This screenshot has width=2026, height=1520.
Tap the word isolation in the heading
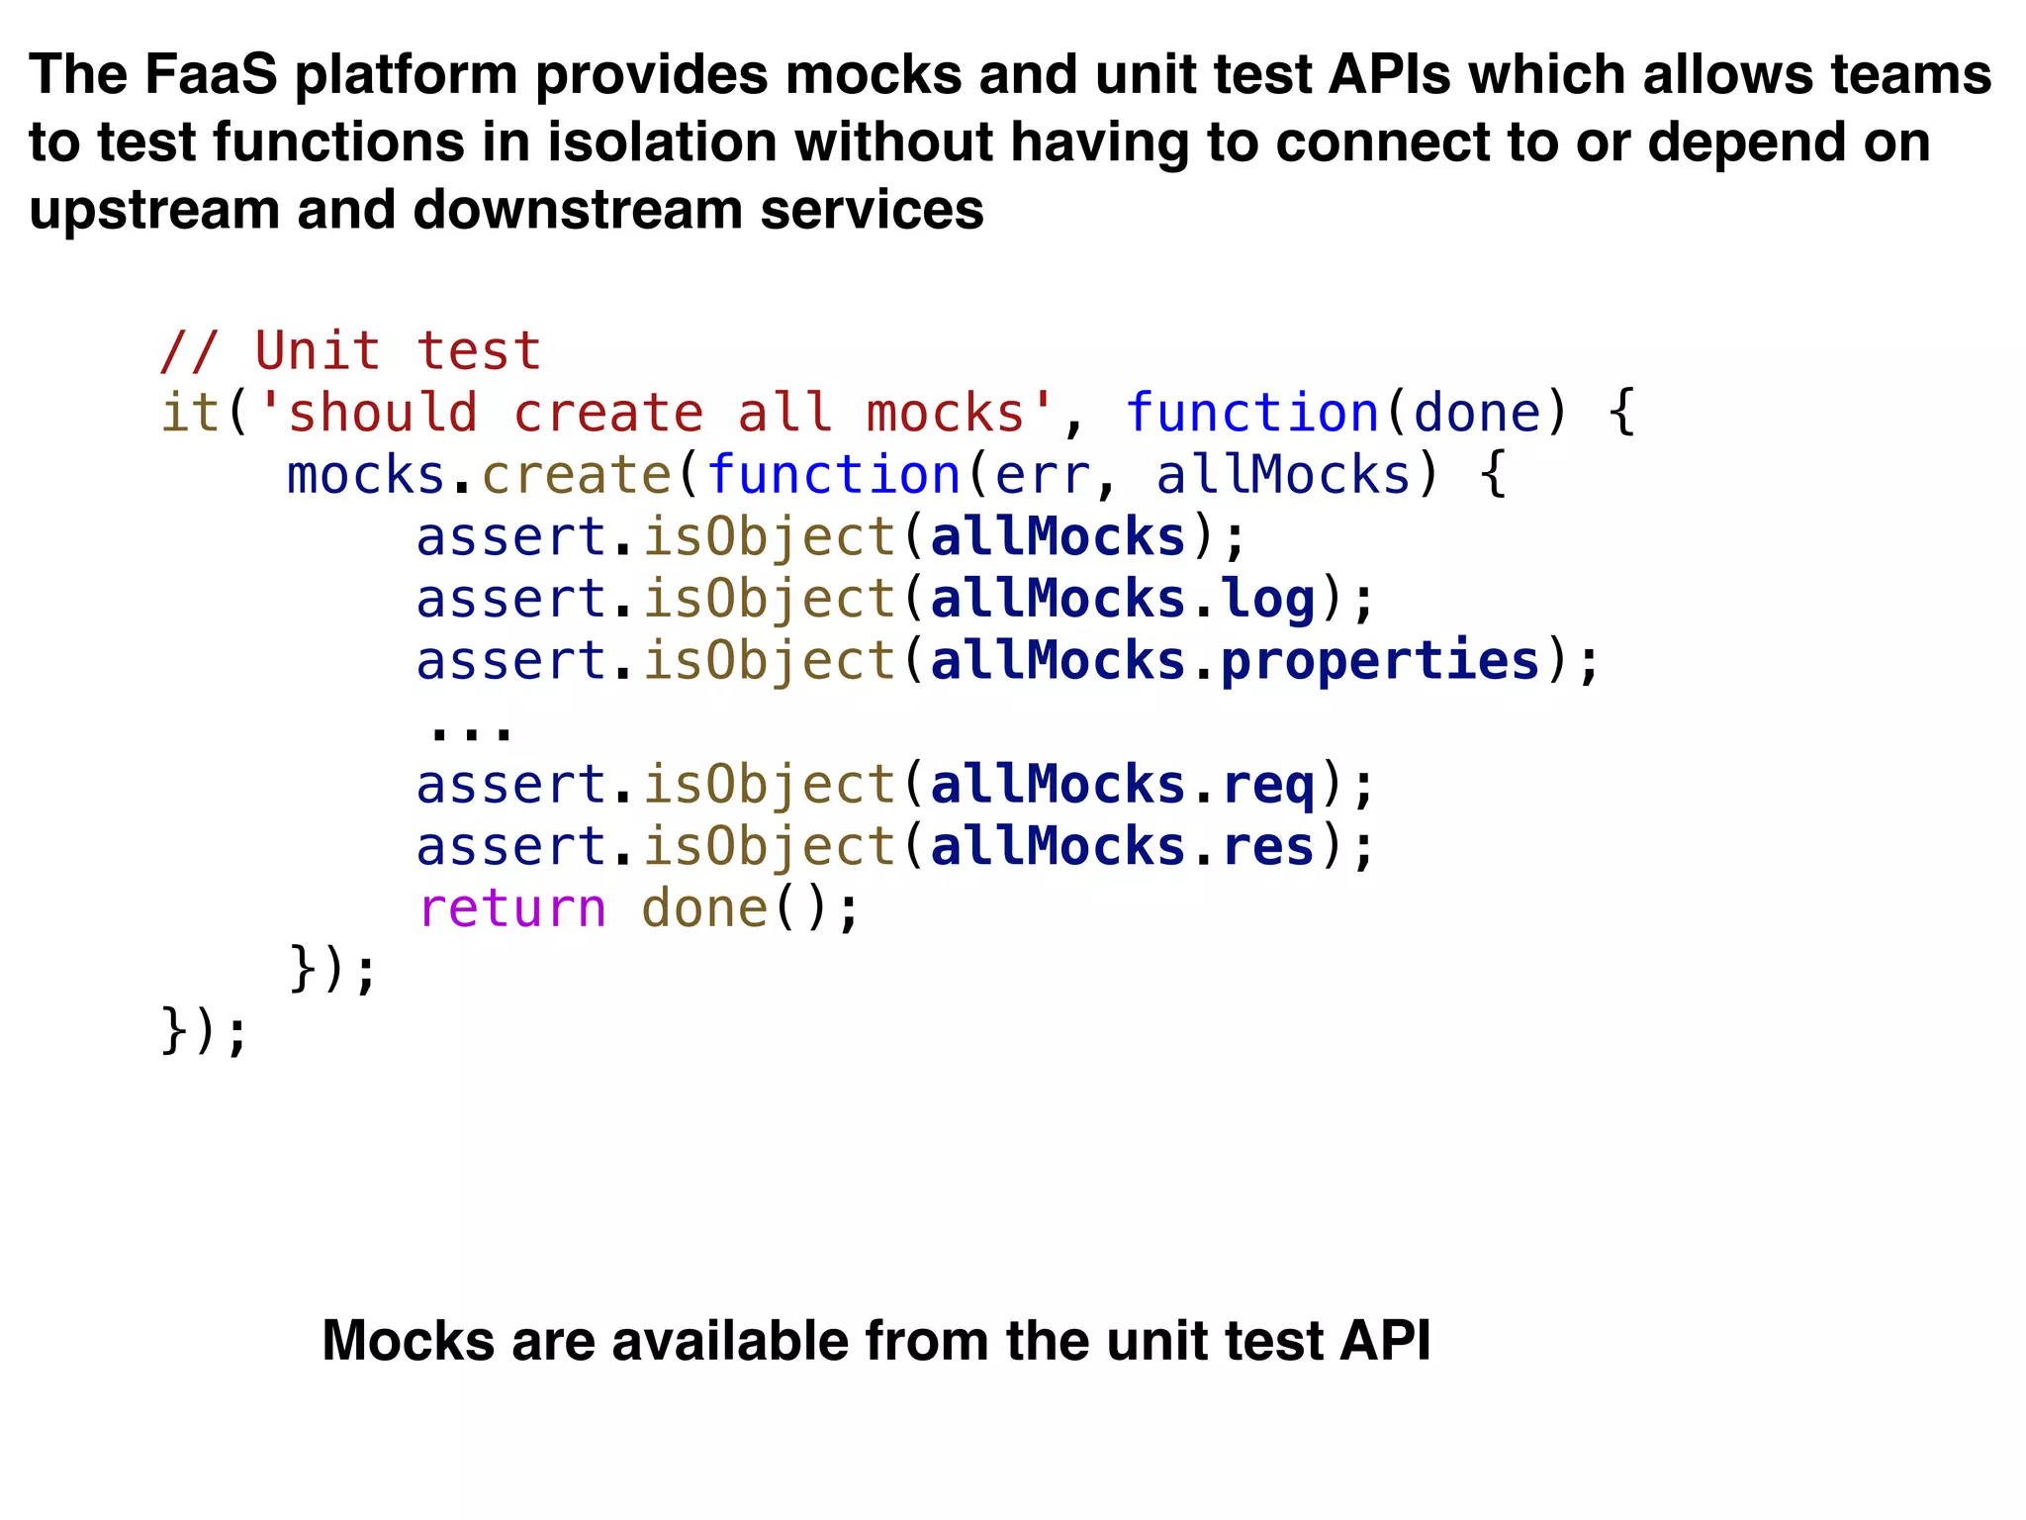661,142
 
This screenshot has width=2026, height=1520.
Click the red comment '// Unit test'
350,351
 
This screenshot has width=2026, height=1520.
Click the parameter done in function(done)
1477,414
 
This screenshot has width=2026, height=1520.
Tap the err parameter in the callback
1042,475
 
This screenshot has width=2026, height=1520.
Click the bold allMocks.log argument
1122,599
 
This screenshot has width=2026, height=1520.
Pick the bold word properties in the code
1380,661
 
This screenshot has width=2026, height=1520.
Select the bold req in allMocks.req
1268,785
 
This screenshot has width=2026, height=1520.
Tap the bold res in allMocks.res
1268,847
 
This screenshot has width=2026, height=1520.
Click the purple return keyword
511,908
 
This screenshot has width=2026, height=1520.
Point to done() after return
704,908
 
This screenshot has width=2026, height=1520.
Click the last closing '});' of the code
204,1032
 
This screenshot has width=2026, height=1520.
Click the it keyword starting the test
189,414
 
